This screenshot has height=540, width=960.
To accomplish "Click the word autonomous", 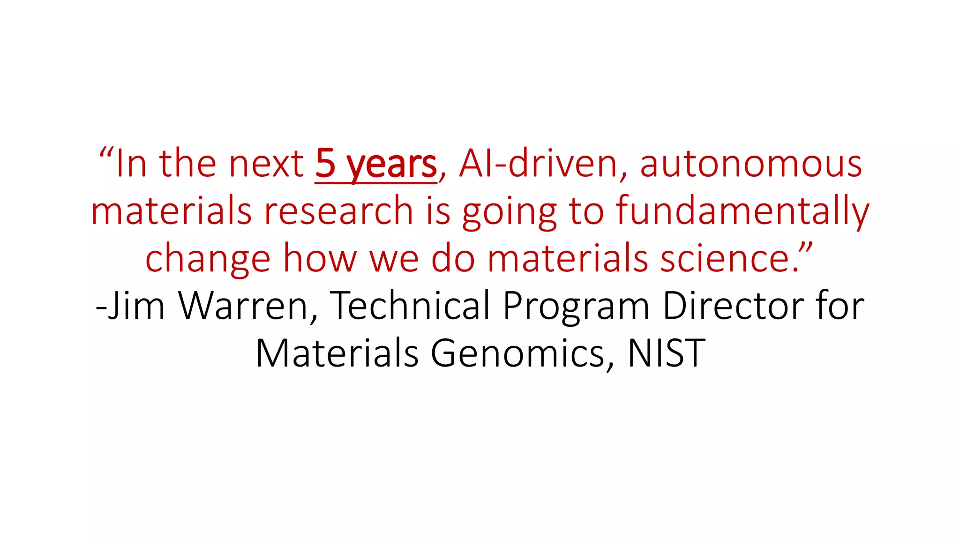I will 751,163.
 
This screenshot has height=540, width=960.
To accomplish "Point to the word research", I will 338,210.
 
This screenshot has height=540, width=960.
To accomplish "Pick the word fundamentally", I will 742,210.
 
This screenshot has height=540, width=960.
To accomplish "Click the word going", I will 510,212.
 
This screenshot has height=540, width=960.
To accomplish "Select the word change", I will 208,259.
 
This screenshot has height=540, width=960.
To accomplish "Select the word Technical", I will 411,306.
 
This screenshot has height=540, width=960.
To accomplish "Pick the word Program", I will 576,307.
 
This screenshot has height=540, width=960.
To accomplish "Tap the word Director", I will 733,306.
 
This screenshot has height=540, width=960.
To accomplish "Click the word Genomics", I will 517,353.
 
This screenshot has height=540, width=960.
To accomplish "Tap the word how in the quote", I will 320,259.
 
